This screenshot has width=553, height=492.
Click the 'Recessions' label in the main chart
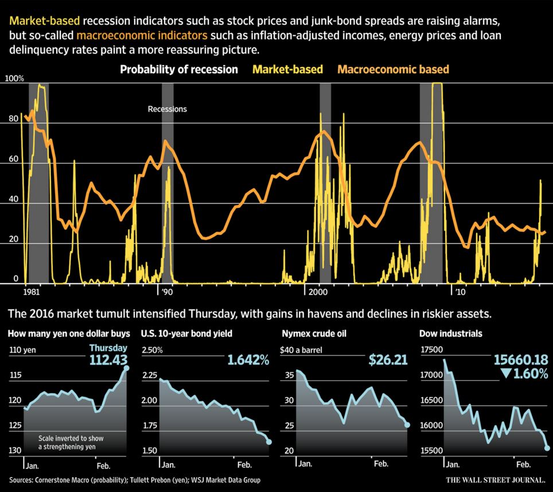[x=167, y=109]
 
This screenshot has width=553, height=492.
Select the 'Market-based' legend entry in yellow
[x=287, y=70]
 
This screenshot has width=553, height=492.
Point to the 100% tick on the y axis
[x=15, y=78]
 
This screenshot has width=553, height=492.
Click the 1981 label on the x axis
[x=32, y=292]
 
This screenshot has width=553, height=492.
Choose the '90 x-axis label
[x=166, y=292]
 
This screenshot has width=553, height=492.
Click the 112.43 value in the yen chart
[x=108, y=360]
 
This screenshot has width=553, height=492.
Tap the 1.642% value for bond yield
[x=248, y=360]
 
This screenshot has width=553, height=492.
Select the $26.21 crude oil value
[x=388, y=360]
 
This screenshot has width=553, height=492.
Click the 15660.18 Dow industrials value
[x=521, y=360]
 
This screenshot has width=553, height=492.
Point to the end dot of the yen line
[x=127, y=368]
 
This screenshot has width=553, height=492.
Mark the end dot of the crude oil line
[x=407, y=425]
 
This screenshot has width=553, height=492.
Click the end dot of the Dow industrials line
[x=547, y=448]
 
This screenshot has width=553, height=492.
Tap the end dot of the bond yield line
[x=269, y=441]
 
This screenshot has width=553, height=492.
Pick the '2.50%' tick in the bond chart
[x=153, y=350]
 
